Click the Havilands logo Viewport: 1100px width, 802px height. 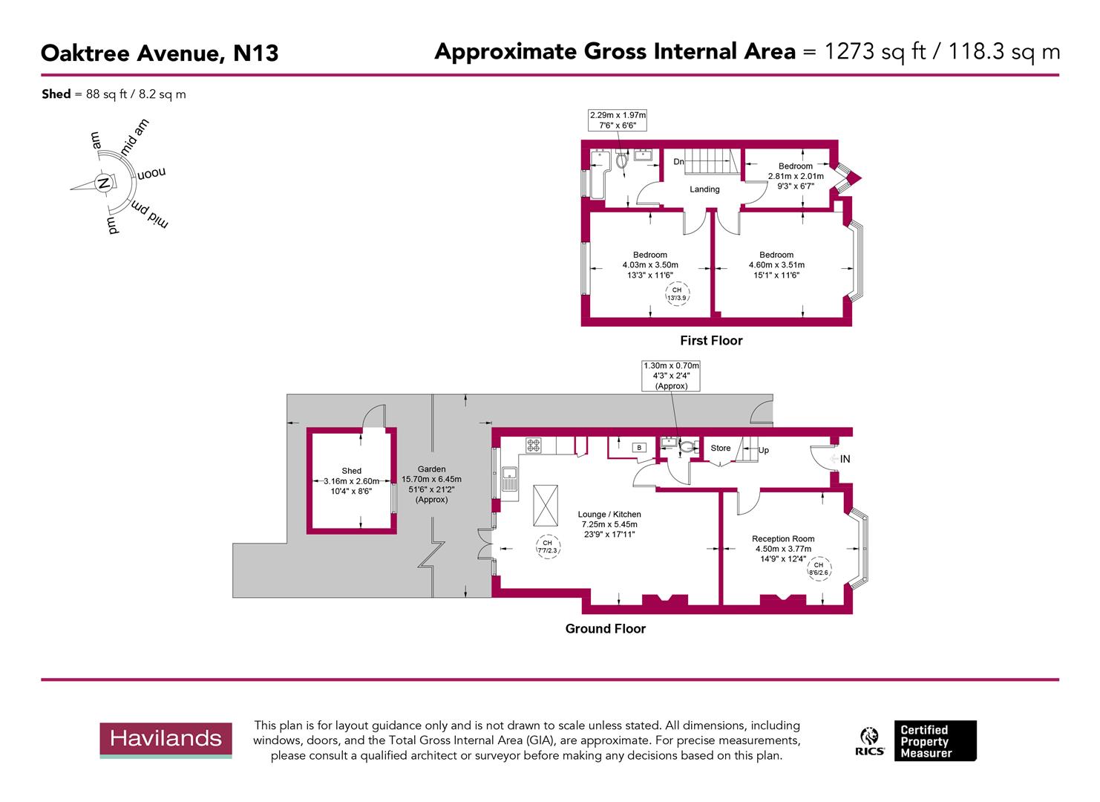166,740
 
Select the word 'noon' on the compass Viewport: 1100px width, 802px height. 151,173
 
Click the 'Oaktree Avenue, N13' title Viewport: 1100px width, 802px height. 160,53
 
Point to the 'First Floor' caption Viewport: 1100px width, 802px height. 711,341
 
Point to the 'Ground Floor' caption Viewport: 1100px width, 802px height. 605,629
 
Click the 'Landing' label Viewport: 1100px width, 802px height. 704,189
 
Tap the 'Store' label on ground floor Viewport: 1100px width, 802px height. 720,449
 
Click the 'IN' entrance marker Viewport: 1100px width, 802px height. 845,460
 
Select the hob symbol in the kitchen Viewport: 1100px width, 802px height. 534,446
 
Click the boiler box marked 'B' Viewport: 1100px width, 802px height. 640,448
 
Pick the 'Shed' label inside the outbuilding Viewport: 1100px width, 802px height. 351,471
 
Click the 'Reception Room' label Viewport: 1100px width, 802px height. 782,539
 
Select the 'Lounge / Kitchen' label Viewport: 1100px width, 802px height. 609,515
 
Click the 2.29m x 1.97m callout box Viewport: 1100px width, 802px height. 618,120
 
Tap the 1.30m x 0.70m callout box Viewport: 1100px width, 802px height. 671,376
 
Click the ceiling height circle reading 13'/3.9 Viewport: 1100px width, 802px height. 677,293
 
